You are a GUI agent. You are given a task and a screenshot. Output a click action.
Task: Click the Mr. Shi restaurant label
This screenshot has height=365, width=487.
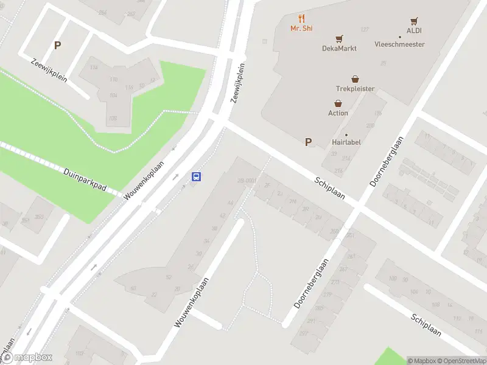click(301, 29)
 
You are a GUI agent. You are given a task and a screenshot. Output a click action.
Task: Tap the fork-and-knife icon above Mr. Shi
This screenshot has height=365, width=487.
click(301, 19)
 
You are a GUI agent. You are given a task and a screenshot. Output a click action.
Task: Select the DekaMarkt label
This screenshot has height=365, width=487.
click(339, 48)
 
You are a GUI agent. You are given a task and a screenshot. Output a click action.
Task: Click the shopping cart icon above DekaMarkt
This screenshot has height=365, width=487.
click(339, 38)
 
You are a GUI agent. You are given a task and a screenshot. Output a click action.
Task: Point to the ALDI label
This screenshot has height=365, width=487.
click(414, 30)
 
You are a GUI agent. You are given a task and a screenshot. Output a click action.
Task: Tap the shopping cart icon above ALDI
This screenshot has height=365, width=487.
click(415, 21)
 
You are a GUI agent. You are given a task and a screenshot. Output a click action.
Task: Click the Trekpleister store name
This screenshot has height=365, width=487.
click(355, 89)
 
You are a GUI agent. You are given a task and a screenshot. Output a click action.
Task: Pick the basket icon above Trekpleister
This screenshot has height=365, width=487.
click(355, 79)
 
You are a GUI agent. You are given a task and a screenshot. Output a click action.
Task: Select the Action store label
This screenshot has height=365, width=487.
click(338, 113)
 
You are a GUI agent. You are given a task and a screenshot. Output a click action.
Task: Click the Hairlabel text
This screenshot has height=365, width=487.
click(347, 142)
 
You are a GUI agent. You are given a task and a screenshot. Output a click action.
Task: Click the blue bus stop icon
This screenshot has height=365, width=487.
click(197, 177)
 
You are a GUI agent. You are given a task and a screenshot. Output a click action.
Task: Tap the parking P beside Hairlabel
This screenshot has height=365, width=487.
click(308, 142)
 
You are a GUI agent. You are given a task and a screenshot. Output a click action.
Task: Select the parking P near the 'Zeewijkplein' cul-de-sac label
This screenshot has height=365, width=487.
click(58, 45)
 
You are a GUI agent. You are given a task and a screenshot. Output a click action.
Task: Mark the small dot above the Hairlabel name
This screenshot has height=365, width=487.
click(346, 134)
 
